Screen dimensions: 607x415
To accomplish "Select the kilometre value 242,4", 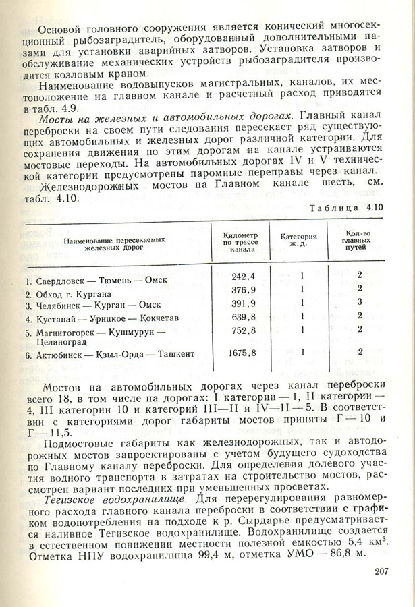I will point(243,277).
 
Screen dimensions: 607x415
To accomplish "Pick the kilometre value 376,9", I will point(243,289).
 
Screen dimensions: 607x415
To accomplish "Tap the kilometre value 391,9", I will point(243,303).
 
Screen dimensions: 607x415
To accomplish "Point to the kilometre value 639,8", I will point(243,316).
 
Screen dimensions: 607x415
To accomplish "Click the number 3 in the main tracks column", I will point(361,302).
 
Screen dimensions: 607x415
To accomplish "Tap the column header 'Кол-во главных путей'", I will point(360,240).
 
